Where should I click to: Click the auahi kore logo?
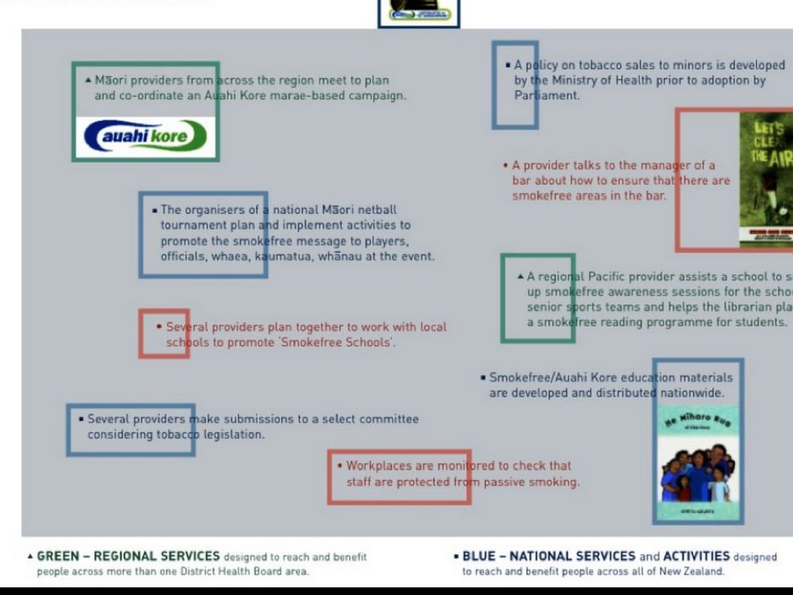146,136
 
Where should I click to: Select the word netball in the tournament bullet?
377,210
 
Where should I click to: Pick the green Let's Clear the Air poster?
766,180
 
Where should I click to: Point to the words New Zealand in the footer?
691,572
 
